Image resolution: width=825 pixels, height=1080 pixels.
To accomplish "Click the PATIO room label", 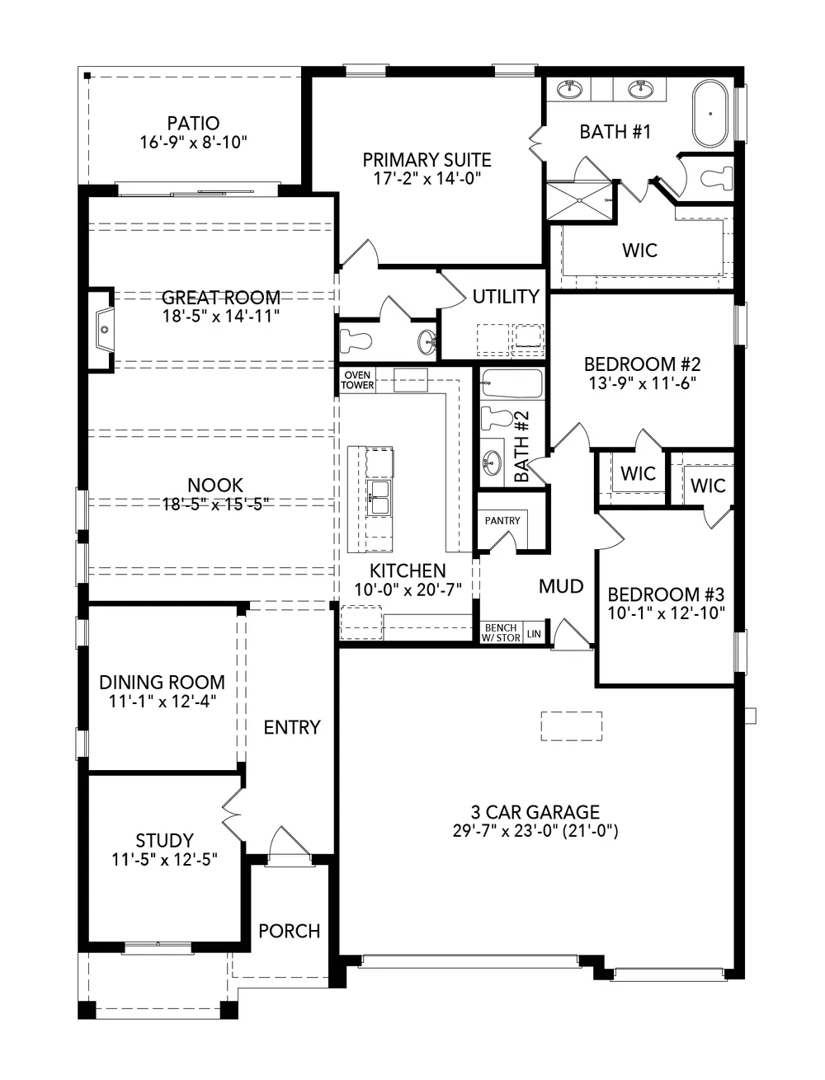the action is tap(193, 123).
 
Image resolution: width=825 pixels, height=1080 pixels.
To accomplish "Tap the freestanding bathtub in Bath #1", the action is tap(709, 114).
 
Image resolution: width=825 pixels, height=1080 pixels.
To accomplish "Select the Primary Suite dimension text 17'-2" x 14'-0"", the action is tap(427, 178).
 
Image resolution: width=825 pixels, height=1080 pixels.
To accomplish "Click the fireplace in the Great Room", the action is tap(103, 329).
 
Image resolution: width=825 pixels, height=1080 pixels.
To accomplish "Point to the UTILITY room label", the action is tap(506, 296).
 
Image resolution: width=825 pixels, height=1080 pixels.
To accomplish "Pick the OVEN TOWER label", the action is tap(357, 380).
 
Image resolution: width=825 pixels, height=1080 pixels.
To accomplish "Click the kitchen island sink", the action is tap(380, 497).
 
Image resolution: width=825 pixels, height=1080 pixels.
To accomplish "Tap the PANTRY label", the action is tap(502, 520).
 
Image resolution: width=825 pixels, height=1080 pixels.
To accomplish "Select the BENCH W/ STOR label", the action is tap(501, 632).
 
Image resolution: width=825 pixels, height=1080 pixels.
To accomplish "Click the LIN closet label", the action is tap(534, 634).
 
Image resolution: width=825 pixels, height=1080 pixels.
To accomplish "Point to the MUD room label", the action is tap(561, 586).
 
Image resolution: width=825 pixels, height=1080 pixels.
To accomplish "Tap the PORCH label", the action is tap(290, 931).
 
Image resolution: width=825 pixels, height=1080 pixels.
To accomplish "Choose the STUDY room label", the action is tap(164, 840).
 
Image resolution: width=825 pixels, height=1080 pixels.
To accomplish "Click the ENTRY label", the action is tap(292, 727).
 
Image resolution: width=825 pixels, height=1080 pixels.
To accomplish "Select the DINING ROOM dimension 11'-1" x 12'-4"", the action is tap(162, 701).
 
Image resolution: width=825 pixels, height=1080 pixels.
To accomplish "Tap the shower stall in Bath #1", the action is tap(579, 200).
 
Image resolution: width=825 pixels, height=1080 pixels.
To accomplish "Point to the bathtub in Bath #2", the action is tap(512, 383).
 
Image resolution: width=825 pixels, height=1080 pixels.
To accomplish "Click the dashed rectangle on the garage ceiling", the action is tap(572, 725).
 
